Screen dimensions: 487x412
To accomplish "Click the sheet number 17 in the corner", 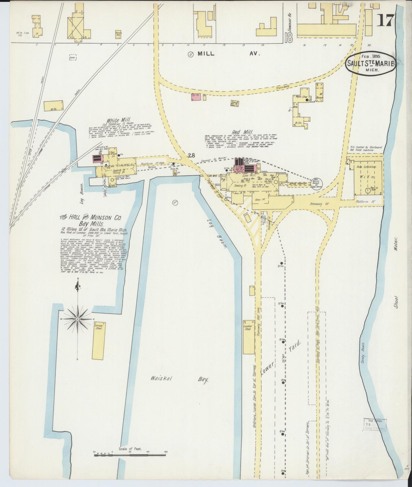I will [x=385, y=21].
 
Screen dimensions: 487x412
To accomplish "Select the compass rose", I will [x=77, y=319].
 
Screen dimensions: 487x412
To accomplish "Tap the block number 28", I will [x=191, y=155].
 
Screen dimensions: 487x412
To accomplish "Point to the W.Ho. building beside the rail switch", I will [x=53, y=106].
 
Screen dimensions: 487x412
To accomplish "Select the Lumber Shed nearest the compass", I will [x=99, y=341].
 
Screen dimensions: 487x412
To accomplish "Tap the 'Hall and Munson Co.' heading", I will [x=90, y=218].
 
